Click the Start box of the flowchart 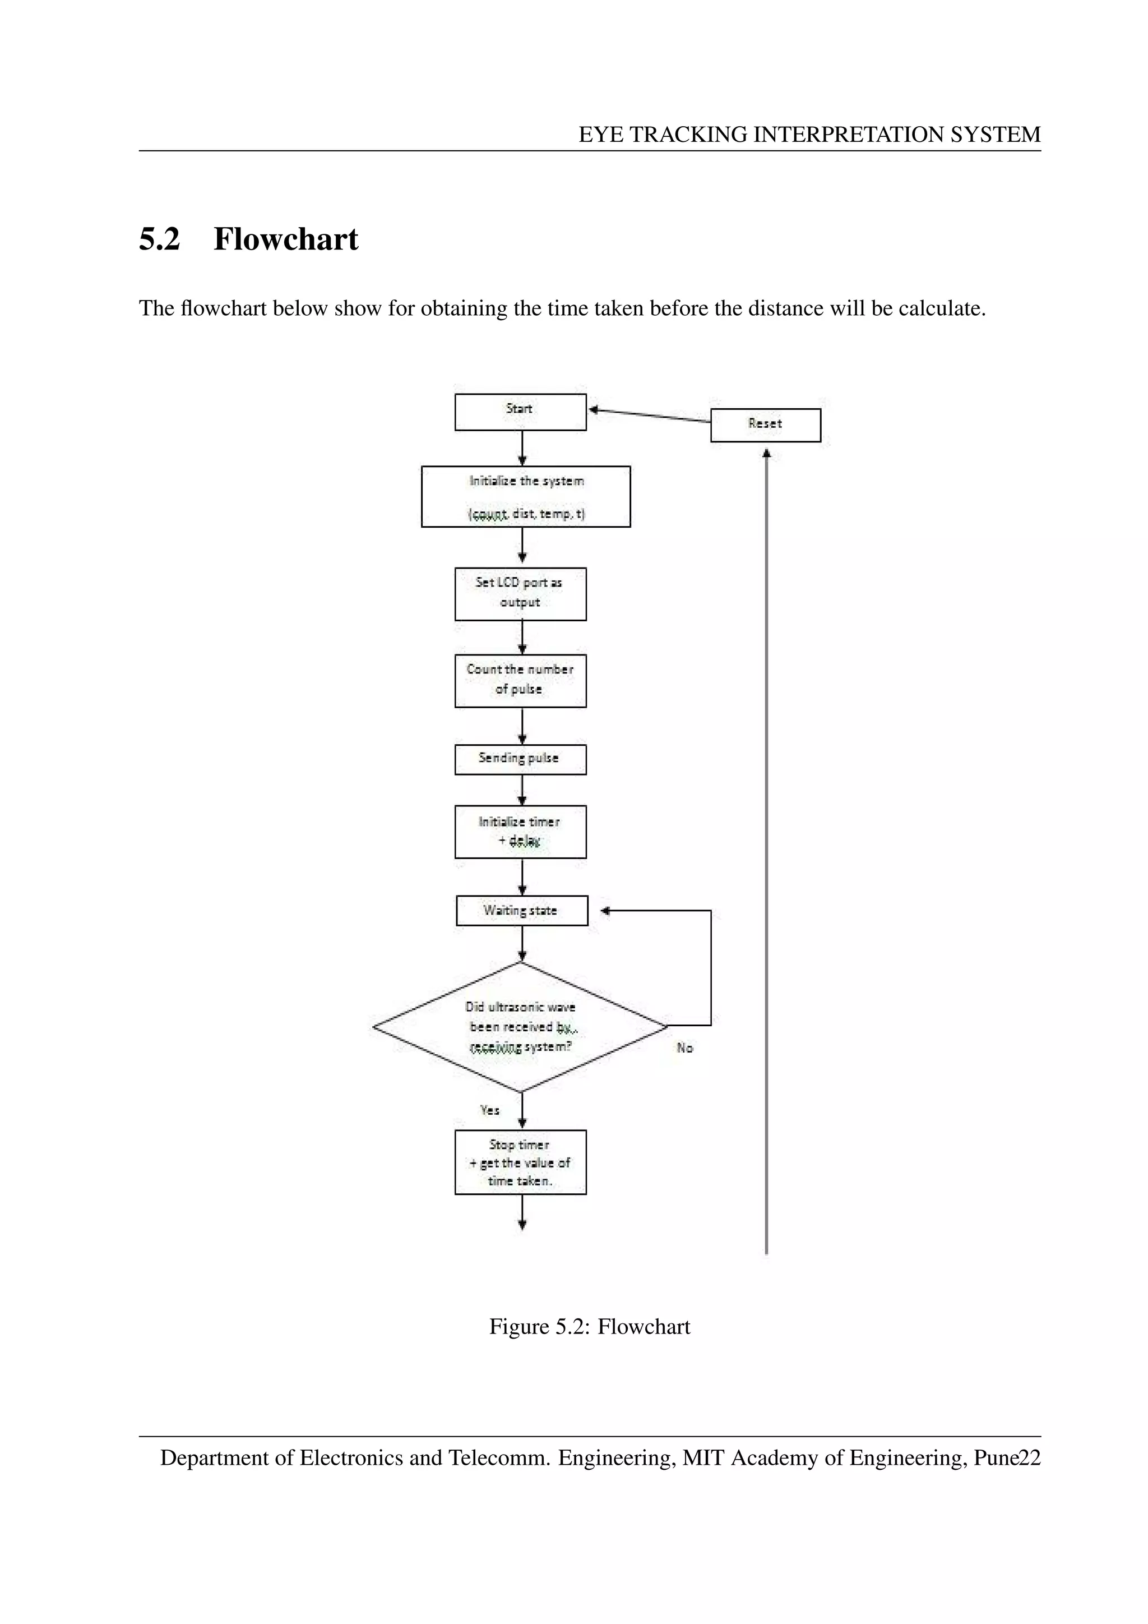[x=520, y=412]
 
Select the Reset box [x=766, y=425]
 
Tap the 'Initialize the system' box [x=525, y=496]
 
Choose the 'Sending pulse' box [x=520, y=759]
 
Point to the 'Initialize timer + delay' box [x=520, y=832]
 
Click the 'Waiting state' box [x=522, y=910]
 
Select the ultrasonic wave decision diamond [x=520, y=1027]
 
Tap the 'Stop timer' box [x=520, y=1162]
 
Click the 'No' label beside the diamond [x=684, y=1048]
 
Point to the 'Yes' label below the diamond [x=490, y=1110]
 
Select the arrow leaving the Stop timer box [x=522, y=1212]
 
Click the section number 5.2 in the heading [x=160, y=239]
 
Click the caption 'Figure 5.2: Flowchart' [x=590, y=1327]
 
